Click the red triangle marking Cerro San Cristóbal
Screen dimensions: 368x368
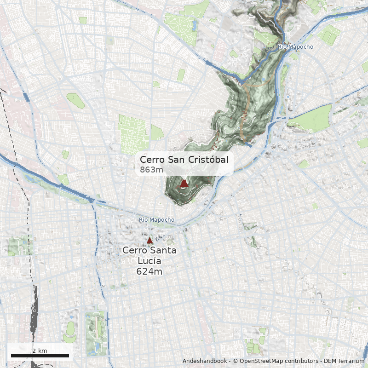[x=184, y=184]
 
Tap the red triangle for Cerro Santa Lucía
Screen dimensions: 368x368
[x=149, y=241]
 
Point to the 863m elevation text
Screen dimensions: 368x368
[x=151, y=170]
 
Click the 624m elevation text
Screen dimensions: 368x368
[x=149, y=271]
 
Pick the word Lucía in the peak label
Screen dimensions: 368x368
[x=149, y=261]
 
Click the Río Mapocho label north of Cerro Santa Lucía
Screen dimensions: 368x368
[x=156, y=220]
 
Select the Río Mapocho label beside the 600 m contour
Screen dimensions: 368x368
[x=296, y=47]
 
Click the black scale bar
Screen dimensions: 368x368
[x=40, y=356]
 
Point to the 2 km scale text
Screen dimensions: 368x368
[x=40, y=351]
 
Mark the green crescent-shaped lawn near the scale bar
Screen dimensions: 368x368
[x=70, y=328]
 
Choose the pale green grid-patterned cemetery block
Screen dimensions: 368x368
[x=133, y=133]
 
